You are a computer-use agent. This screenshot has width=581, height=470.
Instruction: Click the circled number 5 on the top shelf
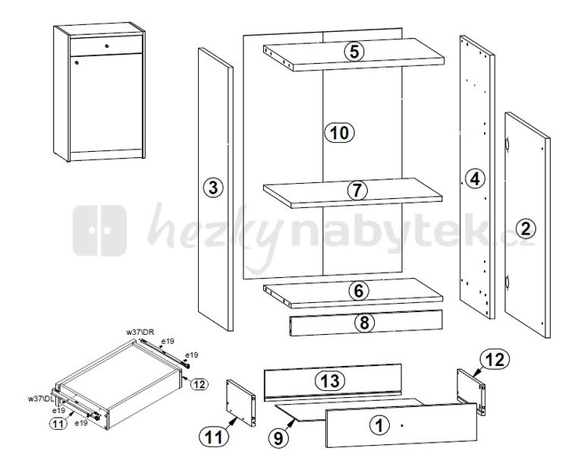354,52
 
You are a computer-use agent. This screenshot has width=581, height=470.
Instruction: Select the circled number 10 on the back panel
339,133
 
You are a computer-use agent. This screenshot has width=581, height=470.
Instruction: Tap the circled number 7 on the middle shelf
356,191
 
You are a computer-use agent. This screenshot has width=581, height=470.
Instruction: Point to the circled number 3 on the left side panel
213,188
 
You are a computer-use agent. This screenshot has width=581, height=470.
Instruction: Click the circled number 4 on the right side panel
475,178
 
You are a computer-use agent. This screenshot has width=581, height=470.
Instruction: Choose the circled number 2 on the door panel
526,228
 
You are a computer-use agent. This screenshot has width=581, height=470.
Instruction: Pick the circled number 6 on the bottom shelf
358,292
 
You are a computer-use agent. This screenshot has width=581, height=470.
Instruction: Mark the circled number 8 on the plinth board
365,323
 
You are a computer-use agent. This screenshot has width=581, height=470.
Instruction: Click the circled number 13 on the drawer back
330,380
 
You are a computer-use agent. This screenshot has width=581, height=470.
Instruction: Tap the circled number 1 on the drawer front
379,425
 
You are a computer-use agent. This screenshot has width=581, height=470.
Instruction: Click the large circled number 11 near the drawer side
214,437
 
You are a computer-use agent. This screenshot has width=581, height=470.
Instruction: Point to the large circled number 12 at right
495,359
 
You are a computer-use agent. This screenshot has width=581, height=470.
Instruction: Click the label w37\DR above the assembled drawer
140,333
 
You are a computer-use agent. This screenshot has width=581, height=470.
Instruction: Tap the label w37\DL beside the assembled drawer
42,399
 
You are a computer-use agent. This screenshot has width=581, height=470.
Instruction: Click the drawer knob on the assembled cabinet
107,46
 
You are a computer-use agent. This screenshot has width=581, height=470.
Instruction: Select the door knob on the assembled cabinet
77,62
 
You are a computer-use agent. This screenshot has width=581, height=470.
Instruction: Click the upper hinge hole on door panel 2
507,144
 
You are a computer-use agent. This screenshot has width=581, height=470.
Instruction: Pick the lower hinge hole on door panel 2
507,282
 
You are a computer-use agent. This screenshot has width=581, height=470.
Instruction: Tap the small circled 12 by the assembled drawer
199,384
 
